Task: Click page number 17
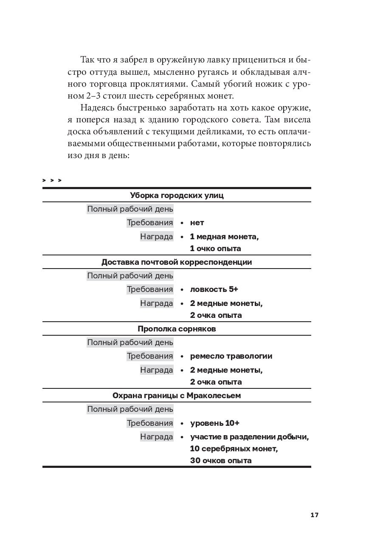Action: click(x=314, y=515)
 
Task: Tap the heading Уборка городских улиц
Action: click(x=177, y=195)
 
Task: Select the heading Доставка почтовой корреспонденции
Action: click(x=177, y=262)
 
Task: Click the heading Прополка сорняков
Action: click(x=177, y=329)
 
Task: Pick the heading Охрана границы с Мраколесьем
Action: click(x=177, y=396)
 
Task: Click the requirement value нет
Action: click(x=197, y=223)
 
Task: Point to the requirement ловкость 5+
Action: click(x=214, y=289)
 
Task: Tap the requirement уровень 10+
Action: click(x=215, y=423)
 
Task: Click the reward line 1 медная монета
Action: click(x=224, y=237)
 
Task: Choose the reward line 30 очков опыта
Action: click(x=221, y=461)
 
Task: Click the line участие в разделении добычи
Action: click(x=249, y=437)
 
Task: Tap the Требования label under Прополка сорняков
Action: click(x=150, y=356)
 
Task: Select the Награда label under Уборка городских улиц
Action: click(x=157, y=237)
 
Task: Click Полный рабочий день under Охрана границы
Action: click(x=130, y=410)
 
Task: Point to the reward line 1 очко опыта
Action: click(x=216, y=249)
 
